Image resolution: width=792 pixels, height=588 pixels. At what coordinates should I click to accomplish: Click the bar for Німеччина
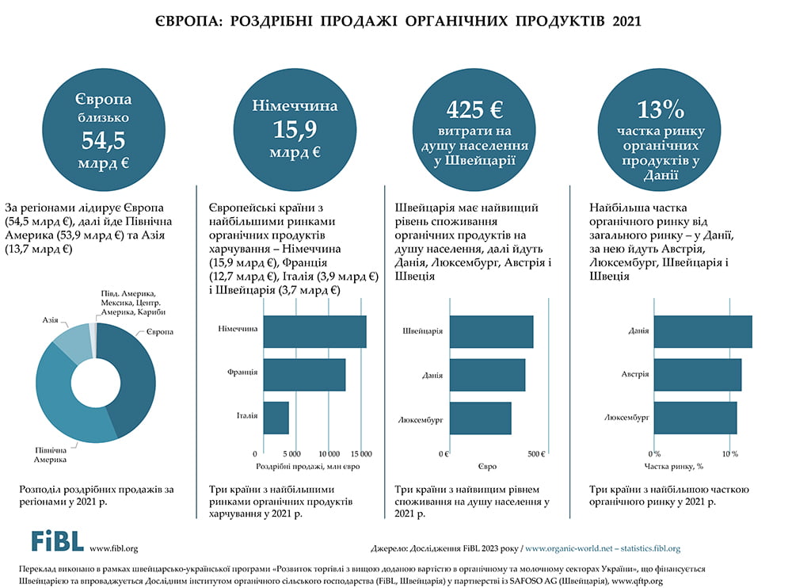click(314, 331)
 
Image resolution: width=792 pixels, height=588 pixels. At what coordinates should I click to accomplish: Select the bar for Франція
click(304, 374)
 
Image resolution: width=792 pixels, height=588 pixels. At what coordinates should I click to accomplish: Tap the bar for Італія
click(276, 418)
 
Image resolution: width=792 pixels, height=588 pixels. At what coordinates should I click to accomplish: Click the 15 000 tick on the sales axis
click(361, 454)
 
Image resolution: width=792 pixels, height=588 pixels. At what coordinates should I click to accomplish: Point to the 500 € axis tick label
click(535, 454)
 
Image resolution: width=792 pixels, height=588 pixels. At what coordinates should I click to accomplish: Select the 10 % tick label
click(729, 454)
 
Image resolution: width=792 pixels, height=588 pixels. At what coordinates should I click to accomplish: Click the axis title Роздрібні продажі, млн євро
click(308, 467)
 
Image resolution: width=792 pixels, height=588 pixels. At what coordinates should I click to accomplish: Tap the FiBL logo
click(57, 541)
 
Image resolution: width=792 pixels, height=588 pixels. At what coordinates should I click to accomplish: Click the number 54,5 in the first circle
click(103, 140)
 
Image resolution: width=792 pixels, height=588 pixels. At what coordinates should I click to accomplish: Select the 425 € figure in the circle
click(474, 108)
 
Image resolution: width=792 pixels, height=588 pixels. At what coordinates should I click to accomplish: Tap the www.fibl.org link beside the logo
click(114, 548)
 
